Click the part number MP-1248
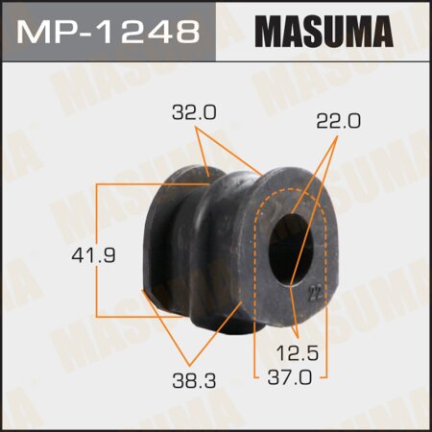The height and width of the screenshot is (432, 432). point(108,31)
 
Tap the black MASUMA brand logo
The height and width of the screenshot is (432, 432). point(324,31)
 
